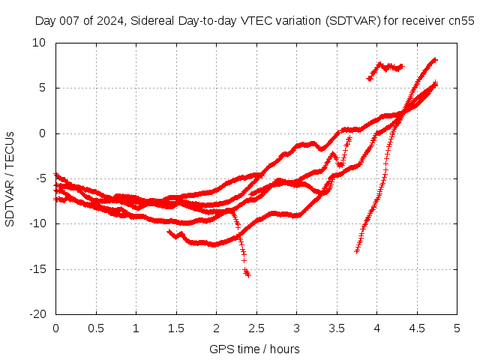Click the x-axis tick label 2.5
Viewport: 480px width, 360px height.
click(x=256, y=328)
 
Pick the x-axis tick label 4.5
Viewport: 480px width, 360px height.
click(x=417, y=328)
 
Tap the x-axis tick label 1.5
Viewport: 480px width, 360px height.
click(x=176, y=328)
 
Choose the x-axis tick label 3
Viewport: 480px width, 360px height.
click(x=296, y=328)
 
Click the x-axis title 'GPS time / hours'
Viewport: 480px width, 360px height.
click(x=254, y=349)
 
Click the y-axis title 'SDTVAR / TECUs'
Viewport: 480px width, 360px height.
click(x=10, y=178)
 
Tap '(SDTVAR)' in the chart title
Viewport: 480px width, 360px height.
click(x=352, y=20)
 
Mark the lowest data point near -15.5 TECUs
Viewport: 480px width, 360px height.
click(x=247, y=274)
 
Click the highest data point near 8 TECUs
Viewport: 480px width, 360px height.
click(x=434, y=59)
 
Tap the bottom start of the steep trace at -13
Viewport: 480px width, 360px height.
click(x=357, y=250)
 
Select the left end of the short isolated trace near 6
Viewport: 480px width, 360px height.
click(x=368, y=79)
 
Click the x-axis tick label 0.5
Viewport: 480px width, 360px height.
click(x=96, y=328)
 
